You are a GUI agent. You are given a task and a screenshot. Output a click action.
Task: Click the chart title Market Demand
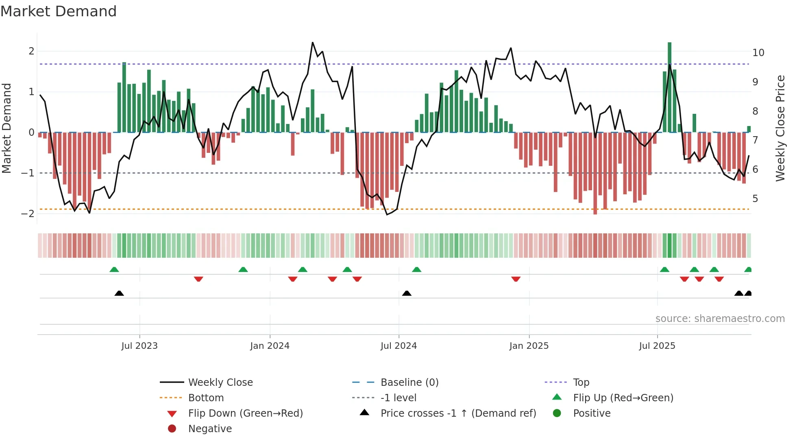click(x=59, y=11)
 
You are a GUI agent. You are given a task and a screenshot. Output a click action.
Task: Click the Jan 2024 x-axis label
click(x=270, y=346)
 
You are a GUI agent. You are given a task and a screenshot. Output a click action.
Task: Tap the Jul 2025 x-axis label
click(x=657, y=346)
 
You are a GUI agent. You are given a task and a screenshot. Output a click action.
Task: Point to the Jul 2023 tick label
click(x=139, y=346)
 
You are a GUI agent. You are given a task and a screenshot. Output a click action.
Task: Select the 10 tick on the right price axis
click(x=758, y=53)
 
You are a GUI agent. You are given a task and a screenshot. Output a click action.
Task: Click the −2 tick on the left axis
click(x=28, y=214)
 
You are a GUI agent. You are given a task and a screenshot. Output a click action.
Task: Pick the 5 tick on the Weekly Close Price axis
click(x=755, y=199)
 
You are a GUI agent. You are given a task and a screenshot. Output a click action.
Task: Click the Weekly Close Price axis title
click(x=780, y=128)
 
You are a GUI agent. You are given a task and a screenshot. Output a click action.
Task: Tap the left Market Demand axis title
click(x=7, y=128)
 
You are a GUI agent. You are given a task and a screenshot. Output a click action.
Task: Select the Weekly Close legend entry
click(x=220, y=383)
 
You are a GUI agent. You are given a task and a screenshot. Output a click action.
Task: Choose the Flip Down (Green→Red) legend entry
click(x=245, y=413)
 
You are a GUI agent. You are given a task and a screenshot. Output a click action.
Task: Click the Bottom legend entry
click(x=206, y=398)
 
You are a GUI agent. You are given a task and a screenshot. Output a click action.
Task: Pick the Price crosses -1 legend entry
click(x=458, y=413)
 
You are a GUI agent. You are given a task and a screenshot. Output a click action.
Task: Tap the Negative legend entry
click(x=210, y=429)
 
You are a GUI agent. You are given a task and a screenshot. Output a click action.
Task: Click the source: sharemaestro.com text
click(x=720, y=319)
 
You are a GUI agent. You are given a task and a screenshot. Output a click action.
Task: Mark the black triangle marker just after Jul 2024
click(x=407, y=293)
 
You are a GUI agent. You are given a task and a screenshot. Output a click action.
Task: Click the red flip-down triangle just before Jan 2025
click(x=516, y=279)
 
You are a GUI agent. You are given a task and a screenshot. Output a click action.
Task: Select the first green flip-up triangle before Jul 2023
click(x=114, y=270)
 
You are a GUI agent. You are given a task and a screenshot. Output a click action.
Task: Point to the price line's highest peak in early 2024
click(x=312, y=42)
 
